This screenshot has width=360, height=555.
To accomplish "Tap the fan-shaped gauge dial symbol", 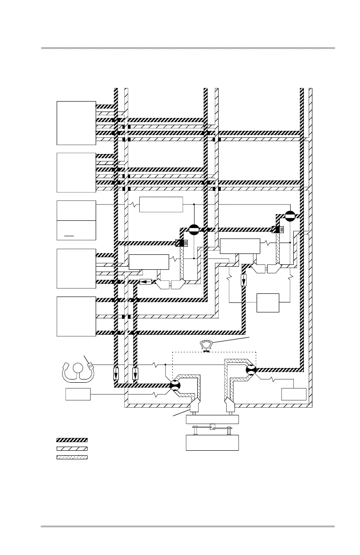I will (207, 345).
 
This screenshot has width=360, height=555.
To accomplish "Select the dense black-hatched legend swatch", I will (72, 440).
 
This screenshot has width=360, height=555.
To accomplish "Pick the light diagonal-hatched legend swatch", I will (72, 448).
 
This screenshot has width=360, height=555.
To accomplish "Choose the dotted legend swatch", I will (72, 456).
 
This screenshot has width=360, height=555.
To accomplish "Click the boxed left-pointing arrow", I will (146, 282).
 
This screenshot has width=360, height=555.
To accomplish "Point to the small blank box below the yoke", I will (78, 394).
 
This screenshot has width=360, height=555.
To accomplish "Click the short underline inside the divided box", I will (69, 236).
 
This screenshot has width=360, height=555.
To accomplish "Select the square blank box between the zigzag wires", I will (268, 302).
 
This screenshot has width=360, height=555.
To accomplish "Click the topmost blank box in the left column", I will (76, 123).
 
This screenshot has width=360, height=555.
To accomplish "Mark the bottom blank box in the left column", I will (76, 316).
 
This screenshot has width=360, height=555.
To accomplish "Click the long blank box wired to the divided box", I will (161, 204).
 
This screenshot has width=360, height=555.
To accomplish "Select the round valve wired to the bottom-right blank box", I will (251, 370).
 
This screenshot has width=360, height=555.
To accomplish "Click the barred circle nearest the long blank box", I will (194, 229).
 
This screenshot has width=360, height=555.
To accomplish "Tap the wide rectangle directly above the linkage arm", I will (212, 419).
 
